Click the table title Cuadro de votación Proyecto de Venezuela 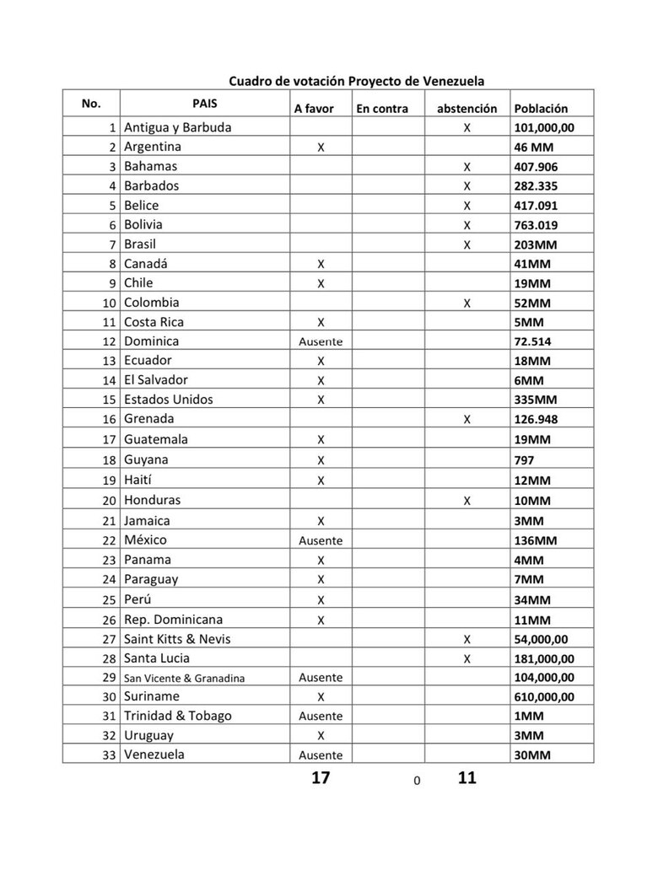(357, 81)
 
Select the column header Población (541, 109)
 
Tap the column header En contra (382, 109)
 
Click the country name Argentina (153, 147)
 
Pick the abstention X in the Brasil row (467, 244)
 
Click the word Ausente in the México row (321, 541)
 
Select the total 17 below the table (320, 778)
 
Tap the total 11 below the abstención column (467, 778)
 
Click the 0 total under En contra (417, 781)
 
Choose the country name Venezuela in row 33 (154, 755)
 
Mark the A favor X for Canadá (321, 264)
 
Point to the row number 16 (108, 420)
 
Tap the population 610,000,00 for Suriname (544, 697)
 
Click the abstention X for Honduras (467, 501)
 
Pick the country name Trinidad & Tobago (178, 716)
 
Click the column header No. (91, 104)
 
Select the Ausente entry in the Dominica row (321, 342)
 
